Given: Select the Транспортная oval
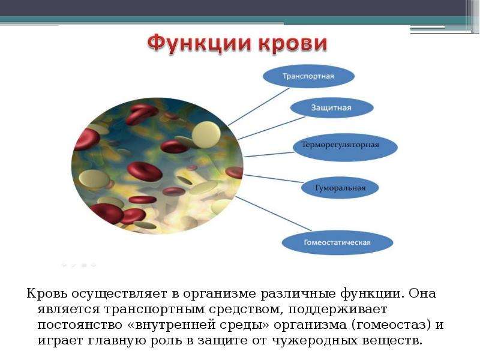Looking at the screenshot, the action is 308,76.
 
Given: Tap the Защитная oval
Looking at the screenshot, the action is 332,108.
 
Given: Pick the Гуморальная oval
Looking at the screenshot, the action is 340,188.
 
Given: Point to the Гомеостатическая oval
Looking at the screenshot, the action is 337,243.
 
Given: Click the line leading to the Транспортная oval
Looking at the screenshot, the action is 259,107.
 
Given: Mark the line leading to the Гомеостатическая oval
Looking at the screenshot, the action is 274,214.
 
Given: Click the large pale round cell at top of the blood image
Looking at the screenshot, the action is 206,134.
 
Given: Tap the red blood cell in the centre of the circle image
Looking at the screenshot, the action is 144,172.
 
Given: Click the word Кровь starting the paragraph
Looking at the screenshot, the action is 47,293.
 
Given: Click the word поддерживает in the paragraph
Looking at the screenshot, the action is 338,310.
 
